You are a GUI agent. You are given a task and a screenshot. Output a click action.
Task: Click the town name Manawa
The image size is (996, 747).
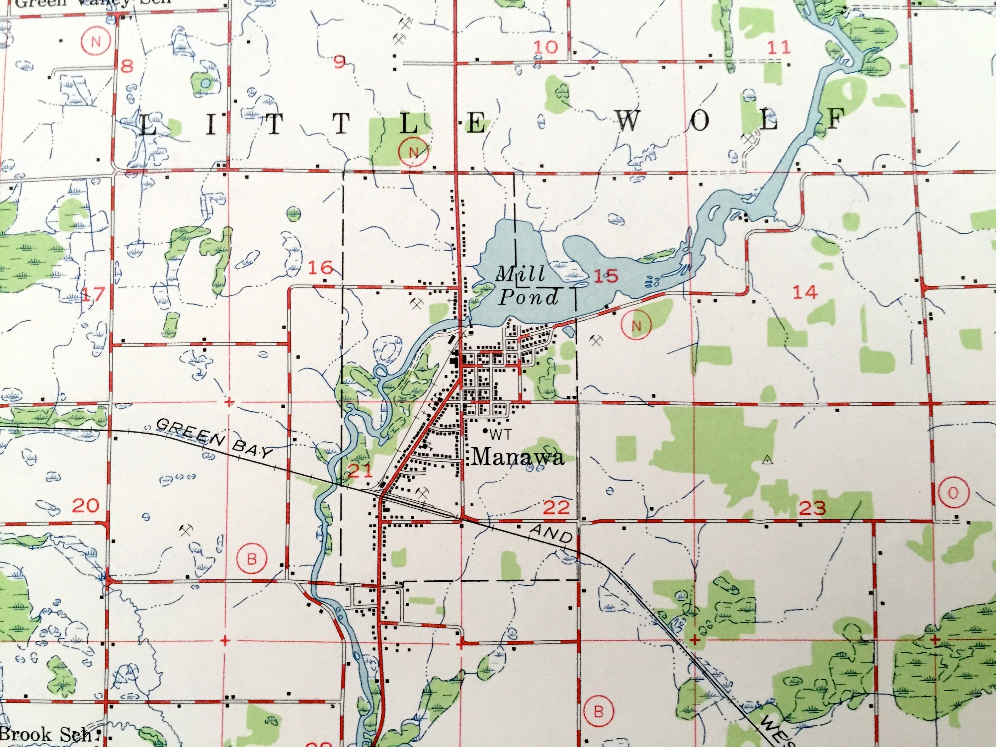pos(518,457)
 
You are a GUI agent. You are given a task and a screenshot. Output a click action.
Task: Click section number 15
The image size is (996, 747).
pos(606,276)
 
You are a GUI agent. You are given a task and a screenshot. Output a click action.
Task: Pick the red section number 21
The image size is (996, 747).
pos(360,471)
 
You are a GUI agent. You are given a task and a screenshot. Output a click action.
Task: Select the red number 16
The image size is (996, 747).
pos(321,268)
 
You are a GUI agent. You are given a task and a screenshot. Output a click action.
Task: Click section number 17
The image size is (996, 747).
pos(94,294)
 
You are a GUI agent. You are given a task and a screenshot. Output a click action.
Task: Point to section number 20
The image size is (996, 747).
pos(86,506)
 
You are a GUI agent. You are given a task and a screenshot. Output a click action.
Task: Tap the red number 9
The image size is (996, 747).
pos(340,62)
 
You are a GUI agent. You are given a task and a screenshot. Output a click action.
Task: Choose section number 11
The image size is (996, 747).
pos(779,47)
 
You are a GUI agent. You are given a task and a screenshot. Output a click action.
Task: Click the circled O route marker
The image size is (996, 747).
pos(953,493)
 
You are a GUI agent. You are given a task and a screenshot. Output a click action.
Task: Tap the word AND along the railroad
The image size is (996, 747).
pos(551,534)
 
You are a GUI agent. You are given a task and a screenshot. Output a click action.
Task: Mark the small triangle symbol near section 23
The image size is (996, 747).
pos(766,460)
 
